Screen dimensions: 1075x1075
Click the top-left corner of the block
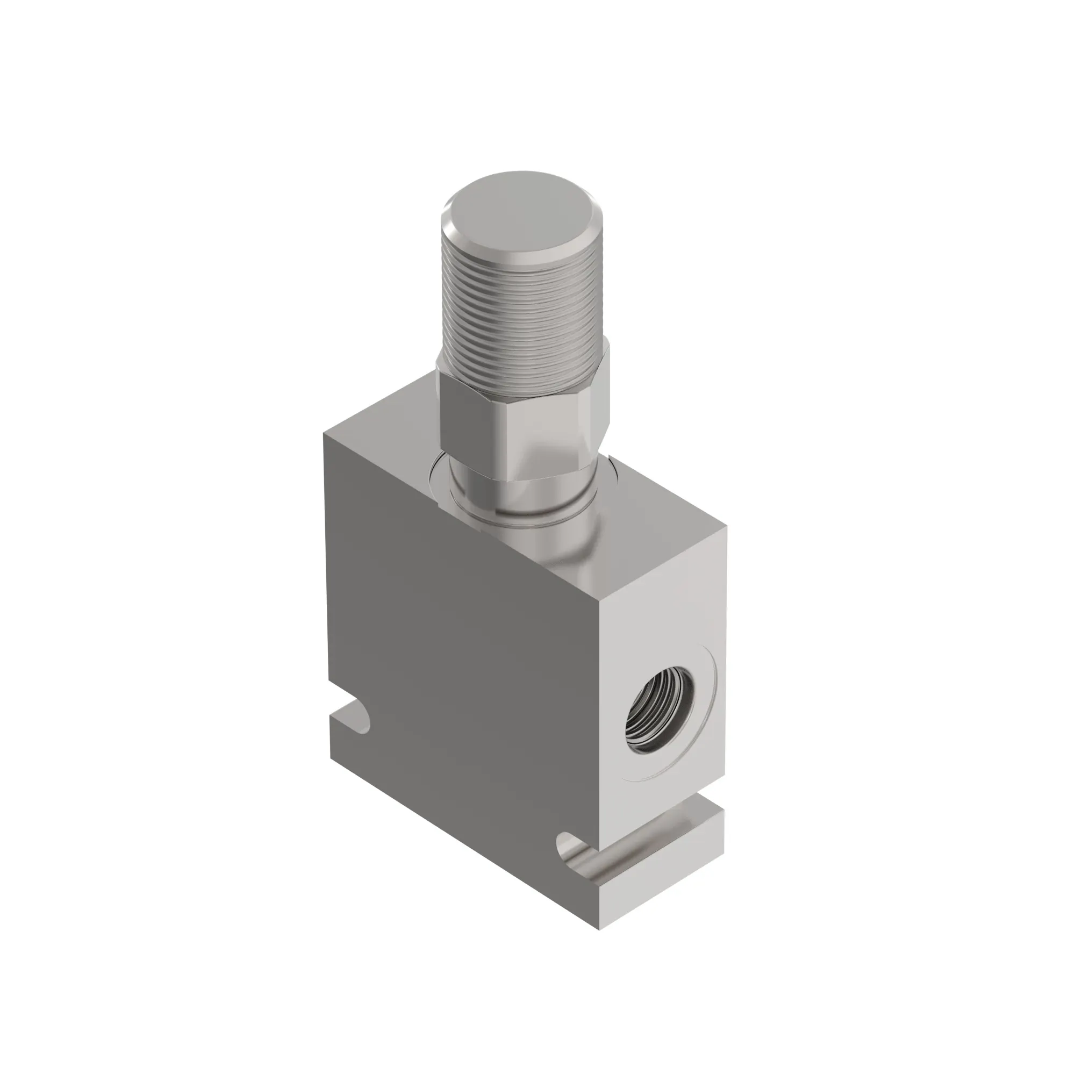pos(325,435)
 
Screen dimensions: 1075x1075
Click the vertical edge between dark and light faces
pos(600,723)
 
